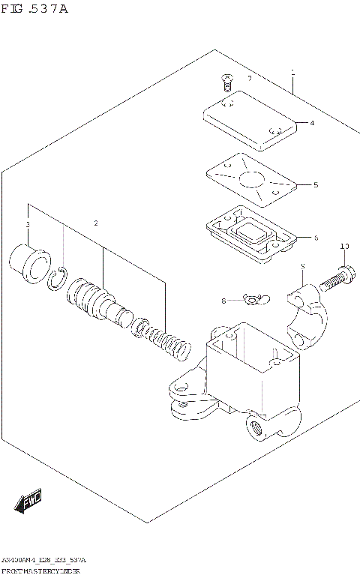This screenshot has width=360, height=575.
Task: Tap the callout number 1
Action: click(x=293, y=73)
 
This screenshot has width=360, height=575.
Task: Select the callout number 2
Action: click(x=96, y=223)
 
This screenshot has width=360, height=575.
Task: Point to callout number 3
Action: click(x=28, y=225)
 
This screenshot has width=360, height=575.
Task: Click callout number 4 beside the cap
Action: click(x=312, y=123)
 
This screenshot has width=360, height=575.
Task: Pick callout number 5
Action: click(x=316, y=184)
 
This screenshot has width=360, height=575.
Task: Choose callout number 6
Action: click(x=316, y=238)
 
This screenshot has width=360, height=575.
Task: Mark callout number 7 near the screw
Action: click(x=250, y=78)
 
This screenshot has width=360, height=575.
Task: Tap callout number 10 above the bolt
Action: click(x=344, y=246)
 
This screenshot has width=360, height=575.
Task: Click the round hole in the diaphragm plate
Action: click(x=250, y=180)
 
